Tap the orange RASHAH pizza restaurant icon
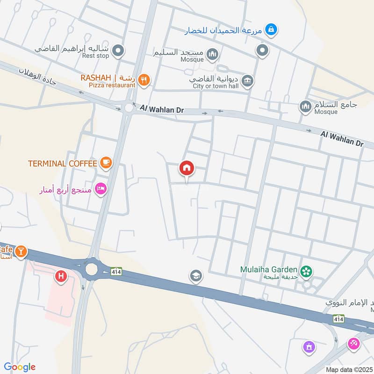tap(144, 80)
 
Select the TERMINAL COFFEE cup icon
tap(106, 163)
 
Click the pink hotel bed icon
tap(101, 189)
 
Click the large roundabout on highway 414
tap(91, 269)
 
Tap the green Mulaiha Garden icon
tap(306, 270)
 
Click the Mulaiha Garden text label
tap(269, 269)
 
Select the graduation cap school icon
tap(196, 276)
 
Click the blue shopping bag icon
tap(271, 30)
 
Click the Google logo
tap(20, 367)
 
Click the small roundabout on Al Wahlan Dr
tap(129, 108)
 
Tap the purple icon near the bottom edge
tap(309, 347)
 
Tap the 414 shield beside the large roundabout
tap(116, 271)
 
